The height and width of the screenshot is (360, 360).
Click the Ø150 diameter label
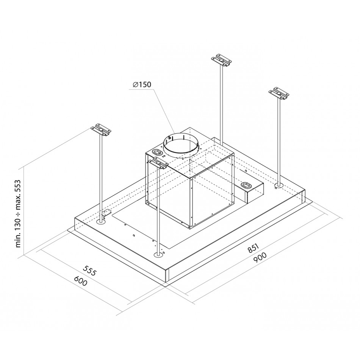[x=142, y=85]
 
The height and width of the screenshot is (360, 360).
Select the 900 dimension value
[x=260, y=257]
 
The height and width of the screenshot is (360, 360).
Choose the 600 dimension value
[x=81, y=281]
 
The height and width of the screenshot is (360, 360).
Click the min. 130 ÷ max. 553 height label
[x=18, y=213]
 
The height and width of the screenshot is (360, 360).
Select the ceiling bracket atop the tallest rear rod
[x=221, y=61]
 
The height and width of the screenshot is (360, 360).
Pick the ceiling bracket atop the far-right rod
[x=279, y=94]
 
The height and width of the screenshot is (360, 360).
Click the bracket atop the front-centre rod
[x=158, y=163]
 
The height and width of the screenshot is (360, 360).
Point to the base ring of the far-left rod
[x=101, y=222]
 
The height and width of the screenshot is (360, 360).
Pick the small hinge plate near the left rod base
[x=107, y=213]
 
